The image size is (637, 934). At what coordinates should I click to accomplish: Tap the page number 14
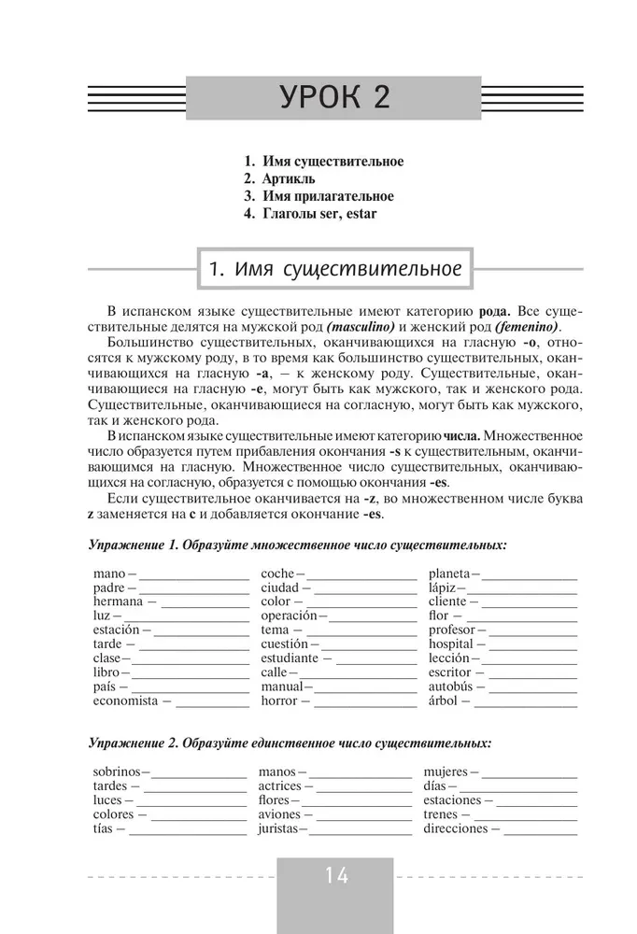tap(336, 876)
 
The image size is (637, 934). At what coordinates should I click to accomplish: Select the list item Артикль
tap(288, 179)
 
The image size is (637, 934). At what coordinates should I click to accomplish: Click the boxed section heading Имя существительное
tap(334, 271)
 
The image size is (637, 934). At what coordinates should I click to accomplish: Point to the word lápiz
tap(442, 588)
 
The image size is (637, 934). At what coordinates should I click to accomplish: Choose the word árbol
tap(444, 700)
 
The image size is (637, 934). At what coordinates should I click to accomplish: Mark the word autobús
tap(450, 686)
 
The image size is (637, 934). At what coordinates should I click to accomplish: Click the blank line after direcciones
tap(542, 828)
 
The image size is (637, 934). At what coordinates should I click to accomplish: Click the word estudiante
tap(290, 658)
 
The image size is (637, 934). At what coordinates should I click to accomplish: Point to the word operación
tap(289, 616)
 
